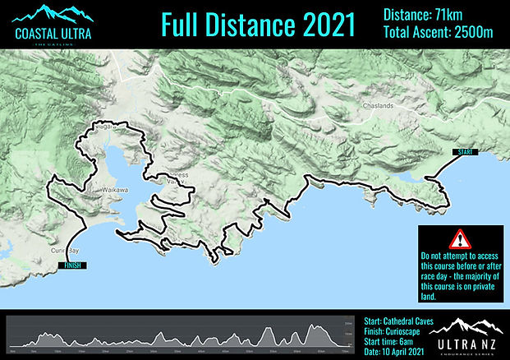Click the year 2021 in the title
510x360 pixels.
click(321, 25)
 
